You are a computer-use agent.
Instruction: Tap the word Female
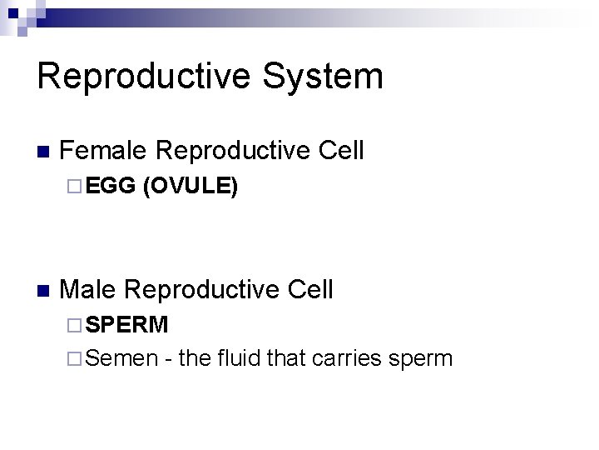pos(104,151)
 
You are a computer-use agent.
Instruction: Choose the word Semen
pos(121,358)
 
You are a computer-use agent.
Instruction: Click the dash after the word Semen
pos(169,360)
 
